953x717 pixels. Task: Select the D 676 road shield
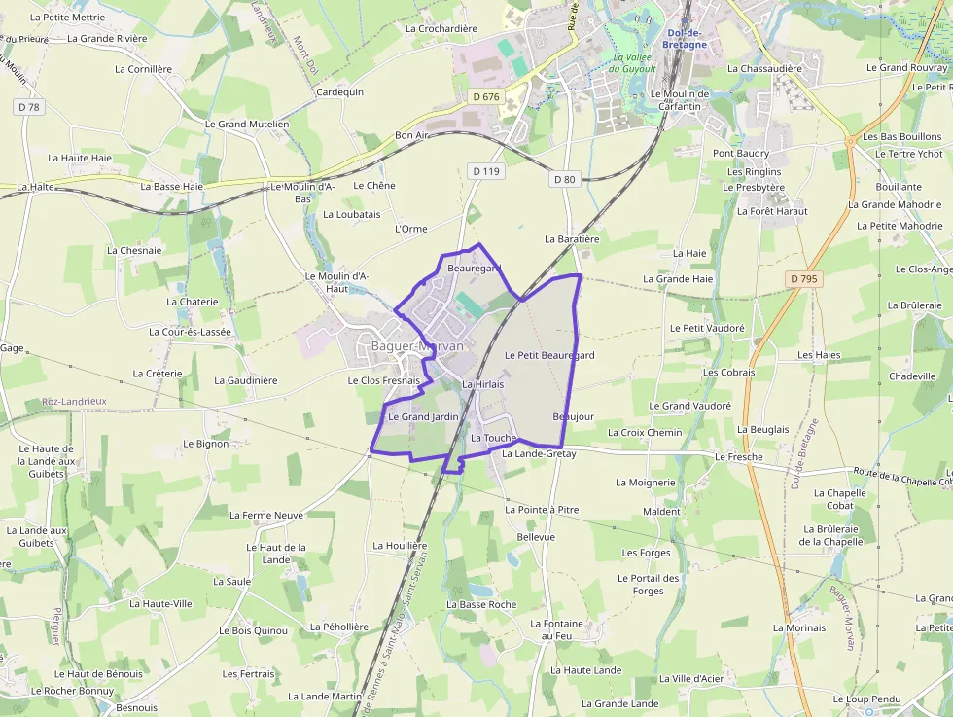pyautogui.click(x=484, y=96)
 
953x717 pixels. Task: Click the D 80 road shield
pyautogui.click(x=565, y=179)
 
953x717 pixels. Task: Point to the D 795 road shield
pyautogui.click(x=804, y=279)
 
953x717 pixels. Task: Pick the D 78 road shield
pyautogui.click(x=29, y=107)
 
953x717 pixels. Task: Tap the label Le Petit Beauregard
pyautogui.click(x=549, y=355)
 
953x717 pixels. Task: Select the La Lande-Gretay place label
pyautogui.click(x=539, y=453)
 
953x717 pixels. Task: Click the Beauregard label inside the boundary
pyautogui.click(x=474, y=268)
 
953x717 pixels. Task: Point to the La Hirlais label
pyautogui.click(x=482, y=384)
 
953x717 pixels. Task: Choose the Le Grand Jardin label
pyautogui.click(x=423, y=416)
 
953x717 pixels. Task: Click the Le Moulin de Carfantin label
pyautogui.click(x=684, y=100)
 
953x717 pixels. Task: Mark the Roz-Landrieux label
pyautogui.click(x=74, y=401)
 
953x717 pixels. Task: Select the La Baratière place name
pyautogui.click(x=572, y=238)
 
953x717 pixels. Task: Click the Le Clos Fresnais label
pyautogui.click(x=383, y=380)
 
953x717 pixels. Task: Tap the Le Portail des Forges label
pyautogui.click(x=649, y=584)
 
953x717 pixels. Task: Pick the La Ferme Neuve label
pyautogui.click(x=266, y=515)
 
